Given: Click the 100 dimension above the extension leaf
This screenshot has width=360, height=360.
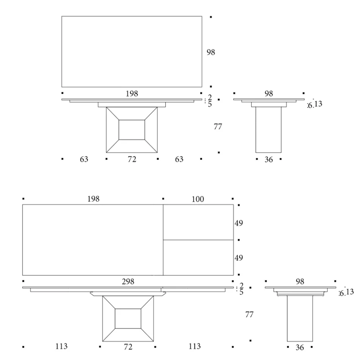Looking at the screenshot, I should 198,199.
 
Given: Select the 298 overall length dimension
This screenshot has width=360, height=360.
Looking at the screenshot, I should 128,282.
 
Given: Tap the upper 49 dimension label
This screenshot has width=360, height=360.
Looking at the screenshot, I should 239,223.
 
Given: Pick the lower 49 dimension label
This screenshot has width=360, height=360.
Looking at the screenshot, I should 239,258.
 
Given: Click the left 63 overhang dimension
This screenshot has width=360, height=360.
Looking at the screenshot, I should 84,160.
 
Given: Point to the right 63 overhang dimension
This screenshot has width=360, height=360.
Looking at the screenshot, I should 179,160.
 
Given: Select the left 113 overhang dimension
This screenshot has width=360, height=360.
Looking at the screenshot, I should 61,346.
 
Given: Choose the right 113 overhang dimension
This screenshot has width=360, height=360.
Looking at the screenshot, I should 194,346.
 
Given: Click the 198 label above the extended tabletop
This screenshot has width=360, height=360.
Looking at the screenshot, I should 93,199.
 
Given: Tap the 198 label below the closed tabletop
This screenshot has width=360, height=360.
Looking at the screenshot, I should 132,94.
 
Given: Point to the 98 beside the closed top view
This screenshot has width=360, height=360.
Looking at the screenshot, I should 211,52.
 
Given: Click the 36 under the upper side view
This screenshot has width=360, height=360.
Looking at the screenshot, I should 268,160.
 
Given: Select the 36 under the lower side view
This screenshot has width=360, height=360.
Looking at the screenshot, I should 300,347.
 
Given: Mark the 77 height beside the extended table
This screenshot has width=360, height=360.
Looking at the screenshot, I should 249,315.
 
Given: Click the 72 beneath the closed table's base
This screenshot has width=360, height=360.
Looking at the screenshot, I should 131,160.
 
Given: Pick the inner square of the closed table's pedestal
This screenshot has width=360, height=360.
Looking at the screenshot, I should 132,130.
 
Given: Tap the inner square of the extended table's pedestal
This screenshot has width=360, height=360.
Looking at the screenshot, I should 128,319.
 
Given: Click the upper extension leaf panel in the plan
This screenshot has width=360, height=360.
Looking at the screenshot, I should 198,222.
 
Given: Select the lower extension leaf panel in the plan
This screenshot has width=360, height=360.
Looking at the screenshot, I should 198,258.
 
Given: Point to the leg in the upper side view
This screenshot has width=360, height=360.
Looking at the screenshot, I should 268,130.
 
